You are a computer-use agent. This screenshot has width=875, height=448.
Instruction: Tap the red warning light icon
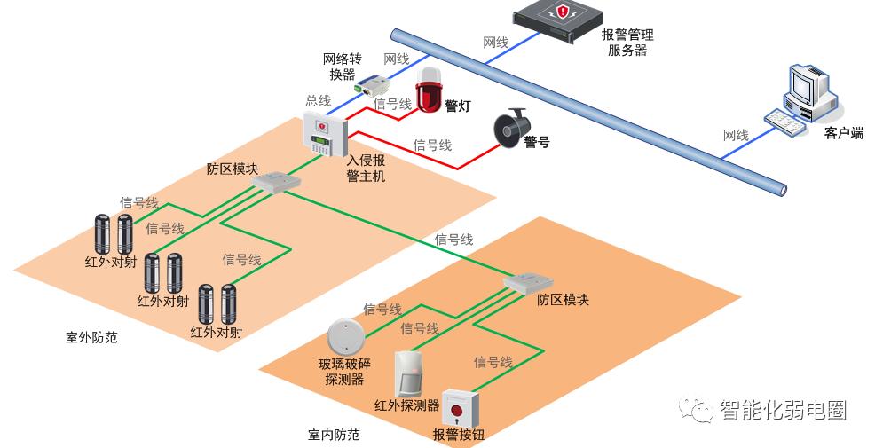coord(430,90)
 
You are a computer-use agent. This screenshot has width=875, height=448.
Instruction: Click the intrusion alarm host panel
coord(321,134)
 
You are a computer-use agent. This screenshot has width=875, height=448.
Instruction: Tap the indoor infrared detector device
coord(409,373)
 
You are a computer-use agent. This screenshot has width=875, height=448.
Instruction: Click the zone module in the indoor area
coord(528,283)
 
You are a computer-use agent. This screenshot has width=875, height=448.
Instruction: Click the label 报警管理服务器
coord(627,43)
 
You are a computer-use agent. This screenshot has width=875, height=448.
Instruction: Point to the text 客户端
coord(843,133)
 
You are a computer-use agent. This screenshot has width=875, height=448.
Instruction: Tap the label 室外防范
coord(91,338)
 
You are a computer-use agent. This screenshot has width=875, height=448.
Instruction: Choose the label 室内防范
coord(335,435)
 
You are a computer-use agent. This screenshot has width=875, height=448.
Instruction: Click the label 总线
coord(319,101)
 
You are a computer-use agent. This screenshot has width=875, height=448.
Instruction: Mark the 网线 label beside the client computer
coord(736,136)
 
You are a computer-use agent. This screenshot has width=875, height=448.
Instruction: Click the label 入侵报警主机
coord(366,169)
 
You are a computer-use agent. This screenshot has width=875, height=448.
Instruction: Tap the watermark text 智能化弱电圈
coord(781,410)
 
